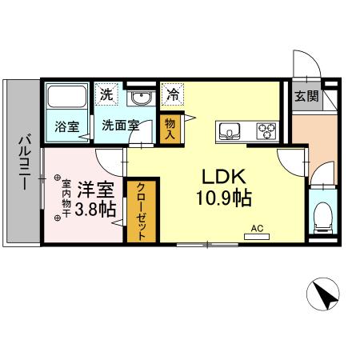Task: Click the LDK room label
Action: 215,177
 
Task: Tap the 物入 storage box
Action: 170,128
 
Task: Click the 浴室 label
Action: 66,126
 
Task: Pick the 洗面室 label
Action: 121,126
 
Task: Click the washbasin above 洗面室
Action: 142,98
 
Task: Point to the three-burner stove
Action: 265,130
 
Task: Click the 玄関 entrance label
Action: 305,98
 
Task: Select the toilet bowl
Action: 324,214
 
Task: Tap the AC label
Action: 257,228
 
